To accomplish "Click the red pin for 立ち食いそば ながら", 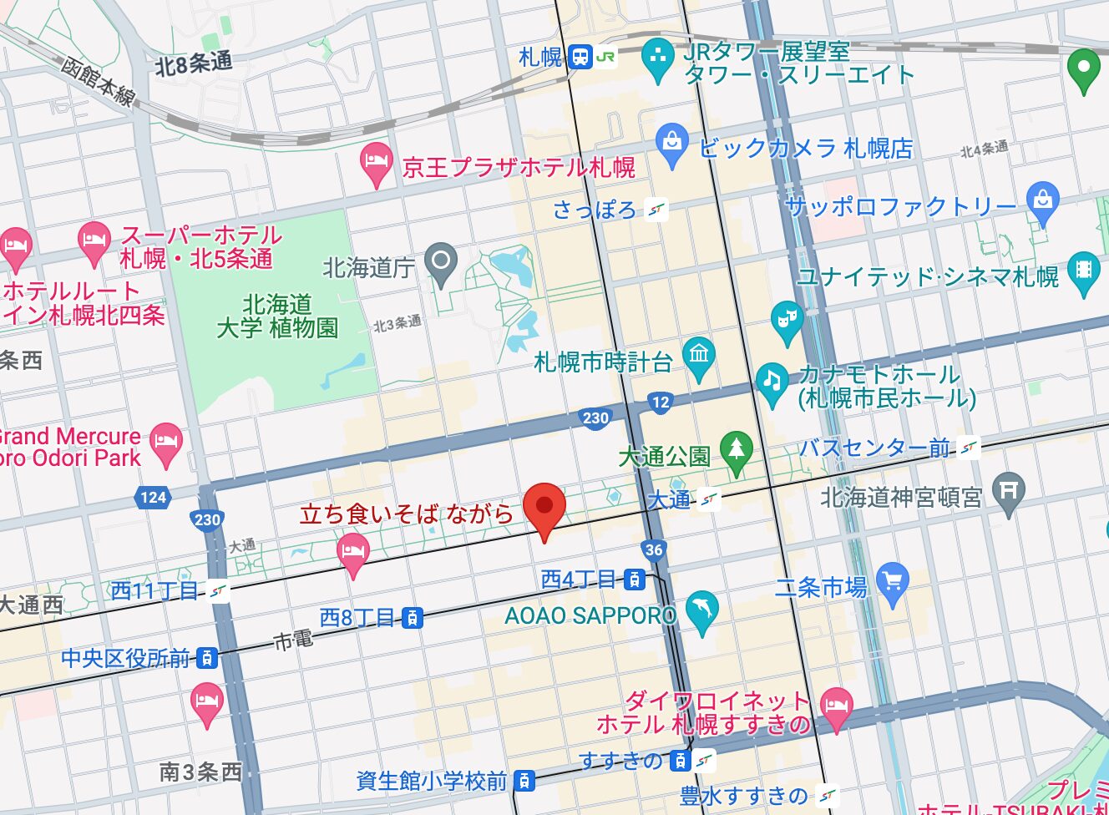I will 544,507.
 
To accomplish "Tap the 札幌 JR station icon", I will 580,57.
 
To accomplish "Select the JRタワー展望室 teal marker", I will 658,58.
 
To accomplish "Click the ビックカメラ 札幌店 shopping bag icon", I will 671,142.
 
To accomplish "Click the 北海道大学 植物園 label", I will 277,316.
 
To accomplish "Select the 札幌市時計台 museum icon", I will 699,355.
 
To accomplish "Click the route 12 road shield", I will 661,402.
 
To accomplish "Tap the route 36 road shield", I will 654,549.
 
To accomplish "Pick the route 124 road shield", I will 153,498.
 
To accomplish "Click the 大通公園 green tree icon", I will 736,449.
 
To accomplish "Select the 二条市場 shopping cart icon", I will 893,582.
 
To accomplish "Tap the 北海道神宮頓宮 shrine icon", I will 1008,490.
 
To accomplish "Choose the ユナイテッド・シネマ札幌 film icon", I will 1083,270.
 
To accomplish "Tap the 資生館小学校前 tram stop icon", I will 524,781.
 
